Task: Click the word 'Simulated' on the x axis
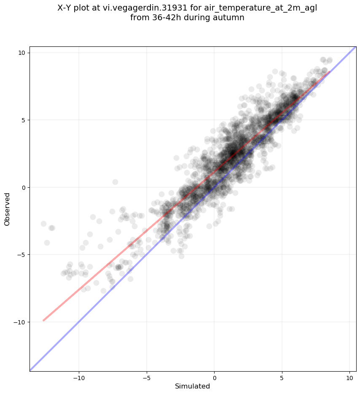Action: tap(192, 386)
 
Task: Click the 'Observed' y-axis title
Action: tap(7, 209)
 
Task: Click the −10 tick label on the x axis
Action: tap(79, 378)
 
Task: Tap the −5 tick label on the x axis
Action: tap(147, 378)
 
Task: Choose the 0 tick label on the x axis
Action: tap(215, 378)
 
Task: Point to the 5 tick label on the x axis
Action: tap(282, 378)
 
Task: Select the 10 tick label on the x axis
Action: tap(350, 378)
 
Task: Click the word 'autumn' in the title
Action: tap(230, 18)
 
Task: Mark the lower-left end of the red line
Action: tap(43, 320)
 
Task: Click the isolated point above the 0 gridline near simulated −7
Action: tap(115, 182)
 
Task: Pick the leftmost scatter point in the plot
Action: tap(44, 224)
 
